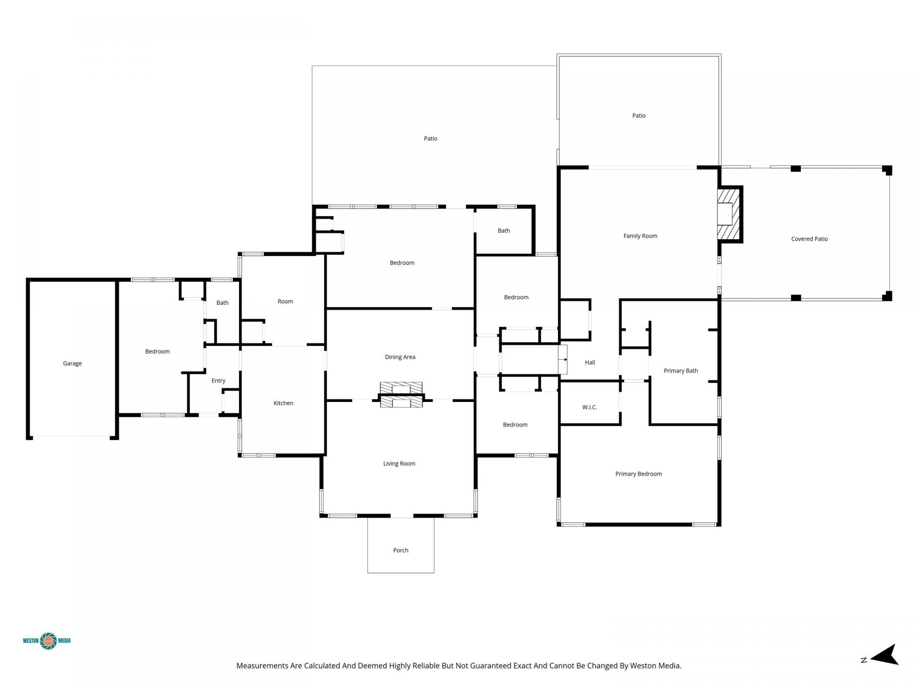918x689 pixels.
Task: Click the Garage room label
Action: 72,364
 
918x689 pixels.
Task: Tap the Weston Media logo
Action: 47,641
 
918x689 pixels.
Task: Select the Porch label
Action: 401,551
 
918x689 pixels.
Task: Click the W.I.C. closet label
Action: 590,408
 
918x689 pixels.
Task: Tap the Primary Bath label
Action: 680,371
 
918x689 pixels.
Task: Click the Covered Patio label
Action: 809,239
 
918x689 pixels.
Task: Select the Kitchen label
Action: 284,403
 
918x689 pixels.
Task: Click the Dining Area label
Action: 400,357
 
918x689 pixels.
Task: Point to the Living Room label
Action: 399,464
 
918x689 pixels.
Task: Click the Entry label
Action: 219,381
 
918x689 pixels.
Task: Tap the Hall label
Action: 590,363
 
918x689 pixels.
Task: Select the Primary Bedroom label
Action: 638,474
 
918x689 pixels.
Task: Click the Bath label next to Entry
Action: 222,303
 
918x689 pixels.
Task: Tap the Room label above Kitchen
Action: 285,301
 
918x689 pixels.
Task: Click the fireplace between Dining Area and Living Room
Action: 401,395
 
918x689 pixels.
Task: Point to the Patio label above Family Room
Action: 639,116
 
